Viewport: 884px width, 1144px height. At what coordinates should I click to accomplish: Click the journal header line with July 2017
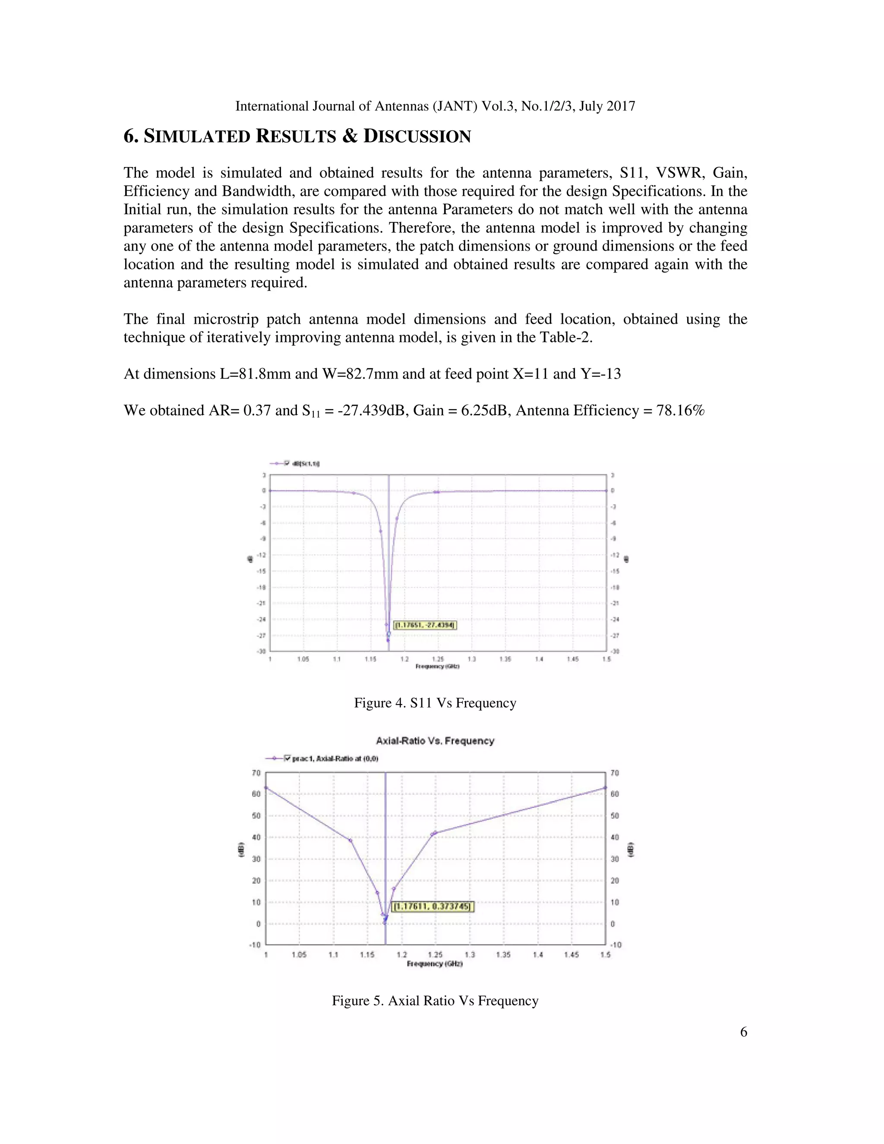435,106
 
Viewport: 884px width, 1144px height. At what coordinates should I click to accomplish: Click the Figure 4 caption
435,703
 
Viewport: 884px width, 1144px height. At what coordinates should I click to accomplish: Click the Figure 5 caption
435,1001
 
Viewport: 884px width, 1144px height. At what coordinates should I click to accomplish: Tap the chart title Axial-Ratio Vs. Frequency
435,741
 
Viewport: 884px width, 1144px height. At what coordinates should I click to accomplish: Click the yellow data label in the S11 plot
425,625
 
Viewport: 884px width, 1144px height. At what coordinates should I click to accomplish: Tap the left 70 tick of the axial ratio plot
256,773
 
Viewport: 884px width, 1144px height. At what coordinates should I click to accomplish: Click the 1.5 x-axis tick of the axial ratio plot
605,954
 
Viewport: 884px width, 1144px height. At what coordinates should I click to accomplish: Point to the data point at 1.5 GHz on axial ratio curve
605,788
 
